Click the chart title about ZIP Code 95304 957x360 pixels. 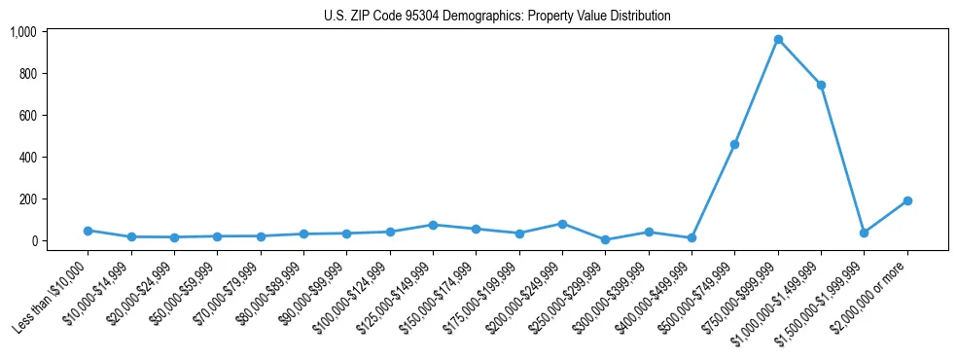click(x=497, y=17)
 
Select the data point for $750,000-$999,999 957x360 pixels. click(x=778, y=40)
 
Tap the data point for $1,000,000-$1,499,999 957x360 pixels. click(x=821, y=85)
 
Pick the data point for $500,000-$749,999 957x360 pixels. click(x=734, y=144)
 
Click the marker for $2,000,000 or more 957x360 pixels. click(x=907, y=200)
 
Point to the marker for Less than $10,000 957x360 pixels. click(x=89, y=231)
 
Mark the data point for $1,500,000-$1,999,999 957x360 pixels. click(x=864, y=233)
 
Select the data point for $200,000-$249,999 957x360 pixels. click(x=562, y=224)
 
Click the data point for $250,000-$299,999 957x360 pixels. click(x=605, y=239)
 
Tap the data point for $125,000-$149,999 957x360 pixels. click(x=433, y=225)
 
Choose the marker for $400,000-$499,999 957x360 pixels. click(x=691, y=237)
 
